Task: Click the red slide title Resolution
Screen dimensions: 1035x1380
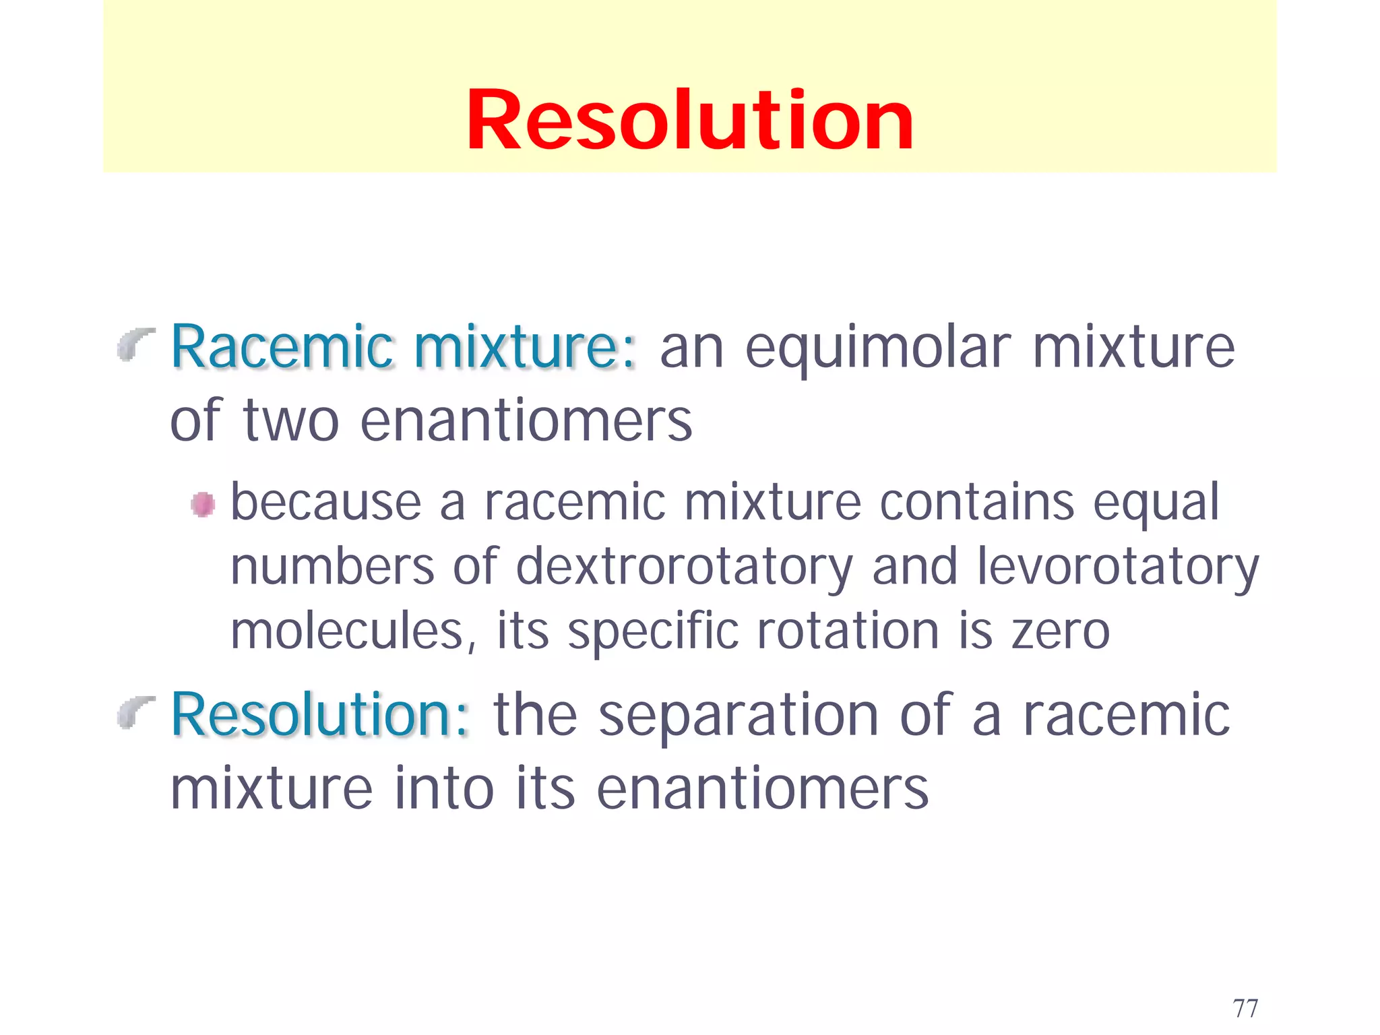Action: (689, 121)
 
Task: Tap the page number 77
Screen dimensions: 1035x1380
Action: (1245, 1009)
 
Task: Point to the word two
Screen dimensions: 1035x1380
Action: (290, 421)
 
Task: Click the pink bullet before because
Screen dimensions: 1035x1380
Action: (203, 504)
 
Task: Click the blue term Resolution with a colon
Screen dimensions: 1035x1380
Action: (321, 716)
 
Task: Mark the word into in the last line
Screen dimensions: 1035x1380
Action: (445, 789)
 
